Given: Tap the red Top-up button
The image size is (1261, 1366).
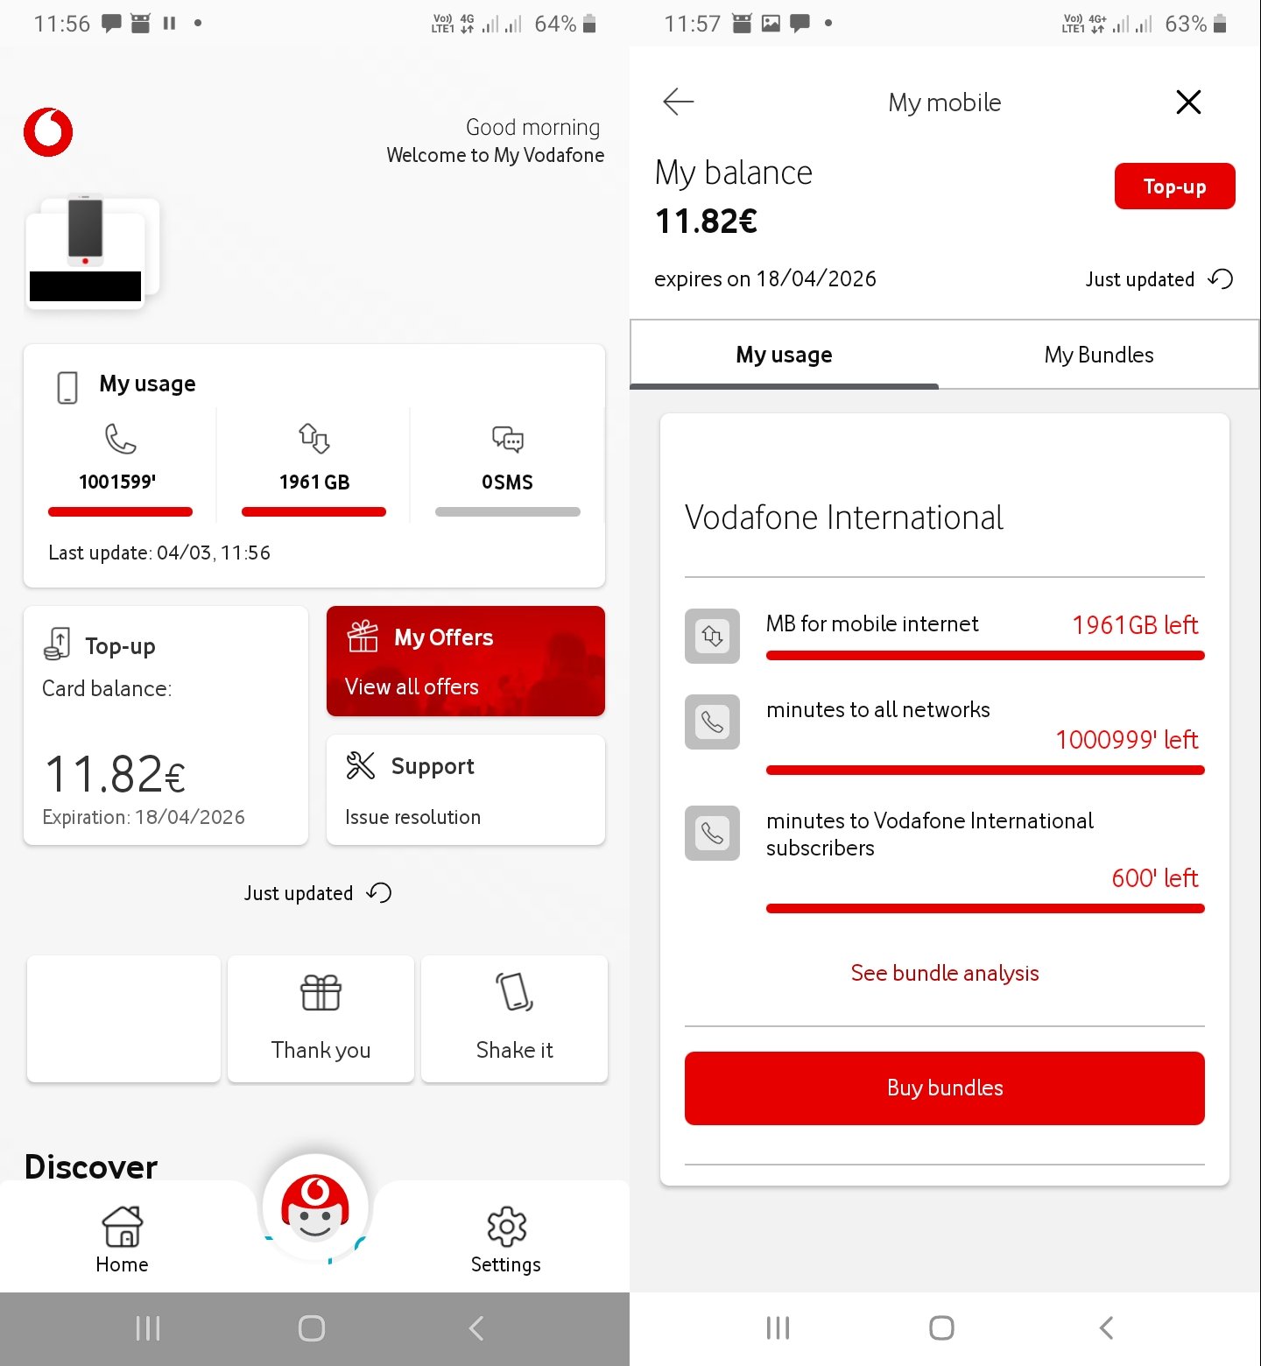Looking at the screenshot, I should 1174,187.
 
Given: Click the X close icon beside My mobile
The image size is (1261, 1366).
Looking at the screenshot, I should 1187,102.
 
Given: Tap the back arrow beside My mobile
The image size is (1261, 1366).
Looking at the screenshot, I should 679,102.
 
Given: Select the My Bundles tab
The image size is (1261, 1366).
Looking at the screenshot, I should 1098,355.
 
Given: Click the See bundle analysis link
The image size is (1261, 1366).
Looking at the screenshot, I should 944,973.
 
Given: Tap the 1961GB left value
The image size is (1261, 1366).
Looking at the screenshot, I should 1134,625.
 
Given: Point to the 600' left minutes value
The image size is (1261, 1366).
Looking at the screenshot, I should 1154,878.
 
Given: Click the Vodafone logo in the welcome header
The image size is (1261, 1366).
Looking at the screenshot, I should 48,132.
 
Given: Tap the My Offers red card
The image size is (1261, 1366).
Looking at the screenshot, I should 465,661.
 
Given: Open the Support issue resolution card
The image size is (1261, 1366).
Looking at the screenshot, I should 465,790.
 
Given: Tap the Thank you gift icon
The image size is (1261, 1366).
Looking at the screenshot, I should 321,993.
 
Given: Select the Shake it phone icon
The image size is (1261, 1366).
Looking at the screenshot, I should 514,993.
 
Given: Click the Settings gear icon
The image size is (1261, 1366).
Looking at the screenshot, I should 506,1227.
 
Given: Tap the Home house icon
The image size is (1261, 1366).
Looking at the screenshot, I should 123,1226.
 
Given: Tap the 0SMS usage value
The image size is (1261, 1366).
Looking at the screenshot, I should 507,482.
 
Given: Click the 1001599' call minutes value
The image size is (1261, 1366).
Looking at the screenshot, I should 117,482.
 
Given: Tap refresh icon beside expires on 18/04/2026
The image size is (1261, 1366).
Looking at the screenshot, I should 1221,278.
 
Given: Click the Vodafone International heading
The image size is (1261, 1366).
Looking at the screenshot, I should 843,518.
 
